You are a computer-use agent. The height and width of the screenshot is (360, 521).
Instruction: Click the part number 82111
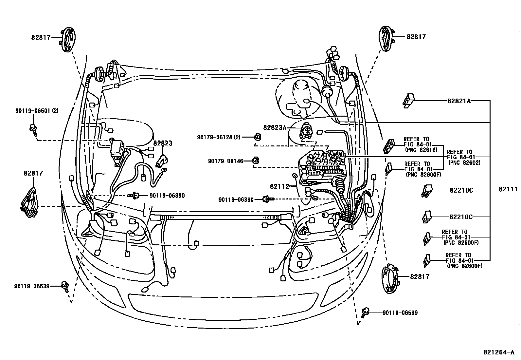[508, 189]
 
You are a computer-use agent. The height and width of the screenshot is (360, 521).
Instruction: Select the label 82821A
[459, 101]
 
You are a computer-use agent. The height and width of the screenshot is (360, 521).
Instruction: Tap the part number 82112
[279, 186]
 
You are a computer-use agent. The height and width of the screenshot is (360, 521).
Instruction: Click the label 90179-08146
[225, 161]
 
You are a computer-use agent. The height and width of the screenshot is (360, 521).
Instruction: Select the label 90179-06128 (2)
[219, 137]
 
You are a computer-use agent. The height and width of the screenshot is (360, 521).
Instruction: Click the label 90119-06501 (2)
[37, 111]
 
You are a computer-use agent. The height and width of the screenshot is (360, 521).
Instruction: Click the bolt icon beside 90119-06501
[33, 129]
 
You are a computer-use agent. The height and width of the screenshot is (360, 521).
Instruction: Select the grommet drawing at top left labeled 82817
[68, 40]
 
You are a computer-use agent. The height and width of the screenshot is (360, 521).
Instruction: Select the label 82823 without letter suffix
[163, 143]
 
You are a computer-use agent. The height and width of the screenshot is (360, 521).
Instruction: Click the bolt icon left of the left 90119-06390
[135, 196]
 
